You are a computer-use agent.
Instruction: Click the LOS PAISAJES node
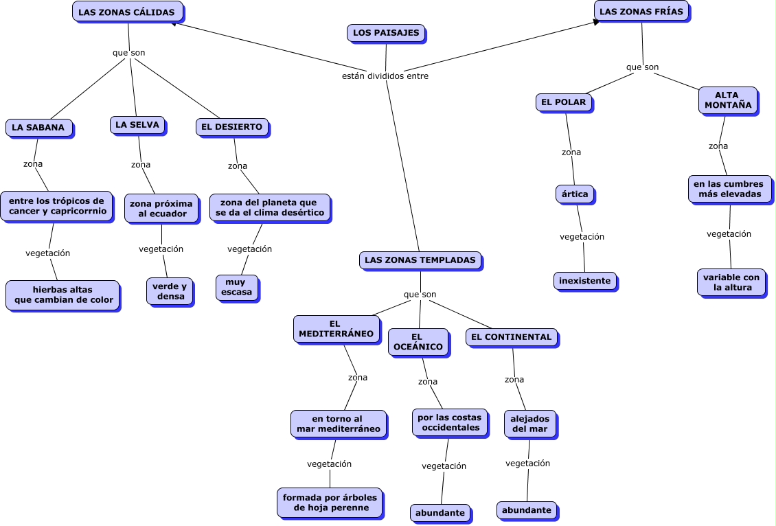[x=385, y=33]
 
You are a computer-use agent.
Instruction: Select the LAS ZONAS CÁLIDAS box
[x=128, y=12]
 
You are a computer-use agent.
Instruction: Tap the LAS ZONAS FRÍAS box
[x=641, y=12]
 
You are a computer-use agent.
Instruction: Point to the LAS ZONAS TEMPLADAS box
[x=420, y=261]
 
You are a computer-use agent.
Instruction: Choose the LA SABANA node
[x=38, y=128]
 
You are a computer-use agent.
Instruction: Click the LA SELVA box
[x=137, y=125]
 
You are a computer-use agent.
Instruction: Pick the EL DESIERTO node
[x=232, y=127]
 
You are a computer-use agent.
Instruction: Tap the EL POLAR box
[x=564, y=102]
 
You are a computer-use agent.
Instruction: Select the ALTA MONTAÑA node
[x=727, y=100]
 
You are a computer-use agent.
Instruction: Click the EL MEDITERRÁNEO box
[x=336, y=329]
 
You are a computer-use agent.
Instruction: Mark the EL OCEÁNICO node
[x=418, y=342]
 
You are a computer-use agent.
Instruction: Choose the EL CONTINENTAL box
[x=512, y=337]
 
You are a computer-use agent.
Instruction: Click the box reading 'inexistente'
[x=584, y=281]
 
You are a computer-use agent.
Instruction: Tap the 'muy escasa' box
[x=237, y=287]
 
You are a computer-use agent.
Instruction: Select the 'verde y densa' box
[x=169, y=291]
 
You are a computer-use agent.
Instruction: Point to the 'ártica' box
[x=575, y=194]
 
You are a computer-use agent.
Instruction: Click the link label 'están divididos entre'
[x=385, y=76]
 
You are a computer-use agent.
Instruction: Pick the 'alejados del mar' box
[x=529, y=424]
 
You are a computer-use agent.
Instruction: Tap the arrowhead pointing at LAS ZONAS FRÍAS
[x=597, y=22]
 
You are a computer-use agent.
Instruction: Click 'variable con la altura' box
[x=731, y=282]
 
